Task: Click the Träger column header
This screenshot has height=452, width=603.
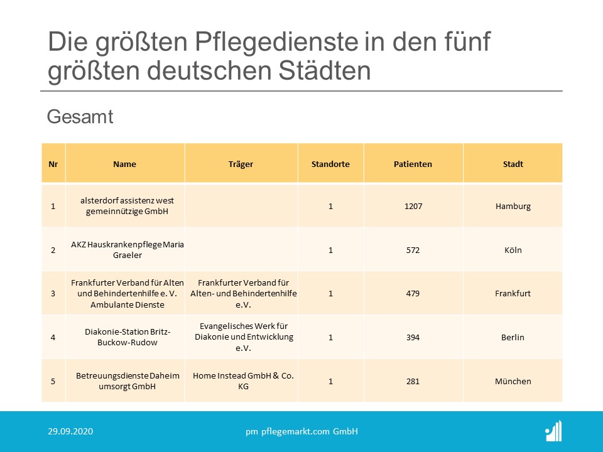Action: [x=241, y=164]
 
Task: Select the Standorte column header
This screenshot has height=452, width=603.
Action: [x=330, y=164]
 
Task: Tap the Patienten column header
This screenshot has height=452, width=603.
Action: [x=413, y=164]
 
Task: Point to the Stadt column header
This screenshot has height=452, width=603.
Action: [x=513, y=164]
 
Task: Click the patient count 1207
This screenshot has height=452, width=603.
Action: [x=413, y=206]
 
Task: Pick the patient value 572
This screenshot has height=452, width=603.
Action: [x=413, y=250]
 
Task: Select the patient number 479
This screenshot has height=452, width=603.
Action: [x=413, y=293]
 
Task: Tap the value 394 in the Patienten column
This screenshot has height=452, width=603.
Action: [x=413, y=337]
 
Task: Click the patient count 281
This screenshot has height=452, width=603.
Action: [x=413, y=381]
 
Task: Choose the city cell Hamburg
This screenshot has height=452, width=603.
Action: [x=513, y=206]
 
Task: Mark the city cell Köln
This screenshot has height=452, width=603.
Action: [x=513, y=250]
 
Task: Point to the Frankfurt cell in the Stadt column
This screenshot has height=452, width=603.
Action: [x=513, y=293]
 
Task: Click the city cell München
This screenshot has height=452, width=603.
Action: [x=513, y=381]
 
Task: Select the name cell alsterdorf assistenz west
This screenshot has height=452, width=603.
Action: [x=127, y=206]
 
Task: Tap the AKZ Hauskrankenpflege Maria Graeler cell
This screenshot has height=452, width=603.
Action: [x=127, y=250]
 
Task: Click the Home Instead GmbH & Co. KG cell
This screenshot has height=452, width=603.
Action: [x=243, y=381]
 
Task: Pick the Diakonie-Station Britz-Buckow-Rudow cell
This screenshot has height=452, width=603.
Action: [x=127, y=337]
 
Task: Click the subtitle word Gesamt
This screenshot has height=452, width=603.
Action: [x=80, y=117]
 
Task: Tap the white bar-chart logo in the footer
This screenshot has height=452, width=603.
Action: [x=553, y=431]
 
